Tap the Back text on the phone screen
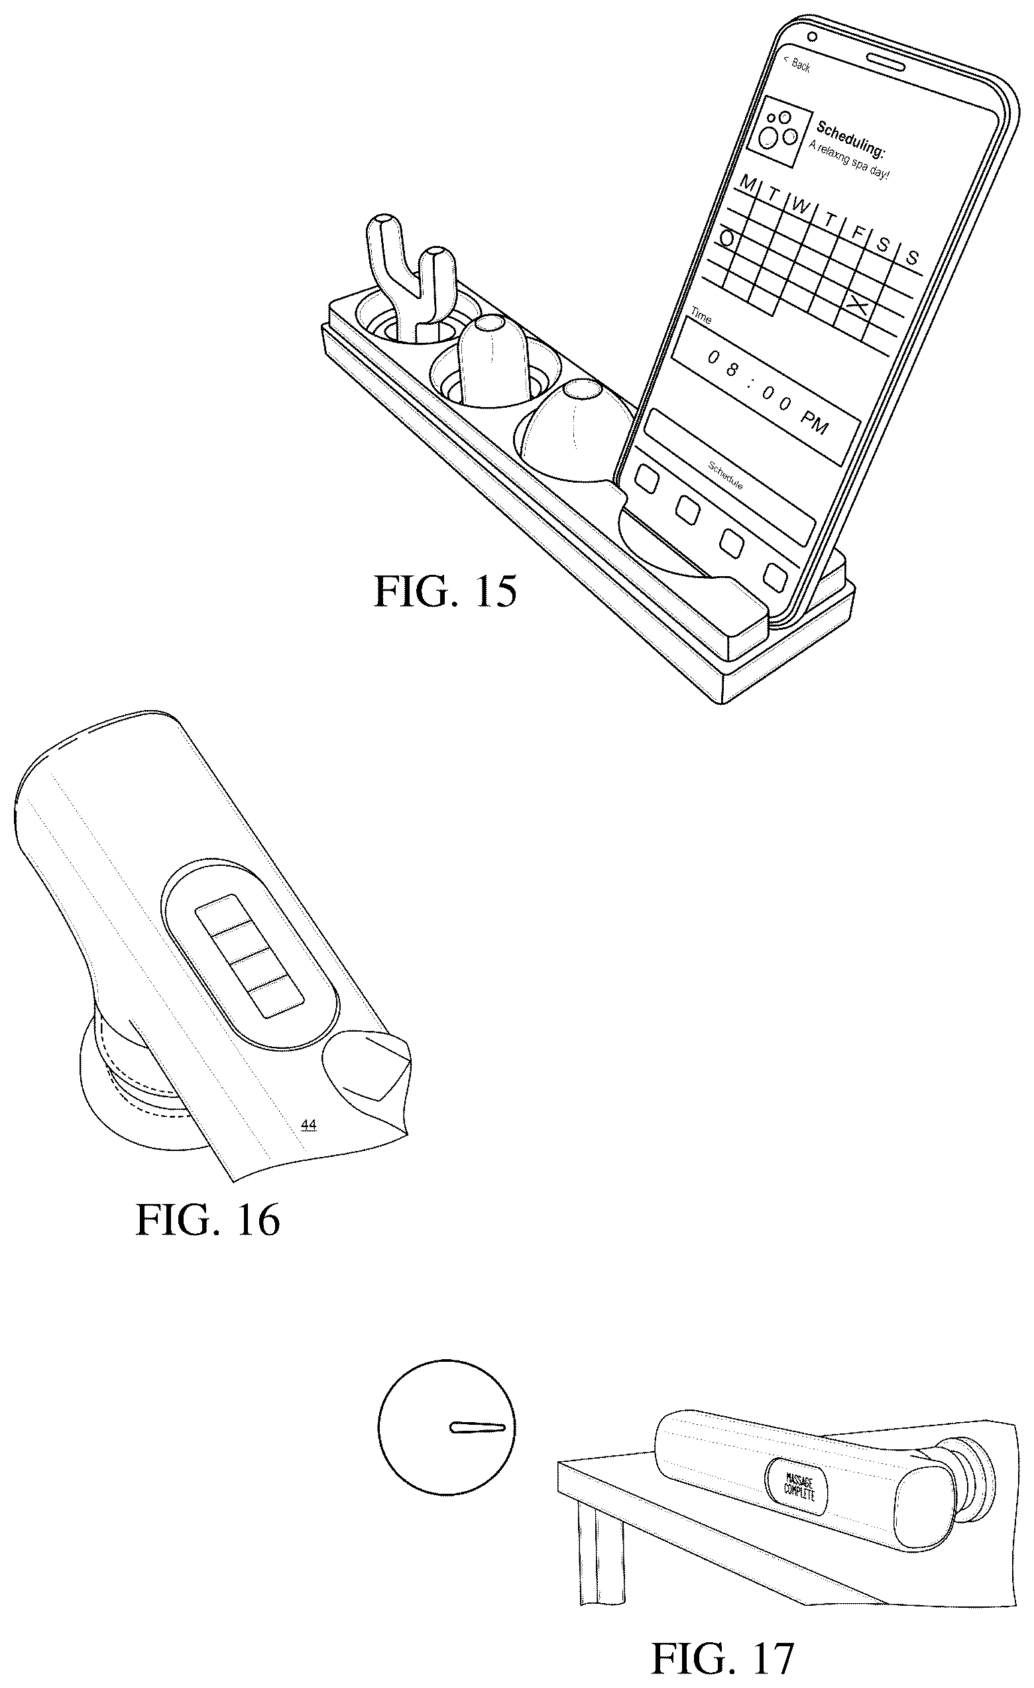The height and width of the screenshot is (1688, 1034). click(x=799, y=64)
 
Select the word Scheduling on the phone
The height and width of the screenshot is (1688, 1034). click(x=850, y=139)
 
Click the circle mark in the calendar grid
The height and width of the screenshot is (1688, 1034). click(x=728, y=239)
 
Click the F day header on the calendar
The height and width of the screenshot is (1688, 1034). click(x=856, y=233)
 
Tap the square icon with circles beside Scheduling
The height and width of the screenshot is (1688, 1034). click(x=775, y=131)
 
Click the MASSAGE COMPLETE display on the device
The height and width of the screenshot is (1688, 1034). click(x=797, y=1488)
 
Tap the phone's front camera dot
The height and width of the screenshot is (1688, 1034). click(x=812, y=36)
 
